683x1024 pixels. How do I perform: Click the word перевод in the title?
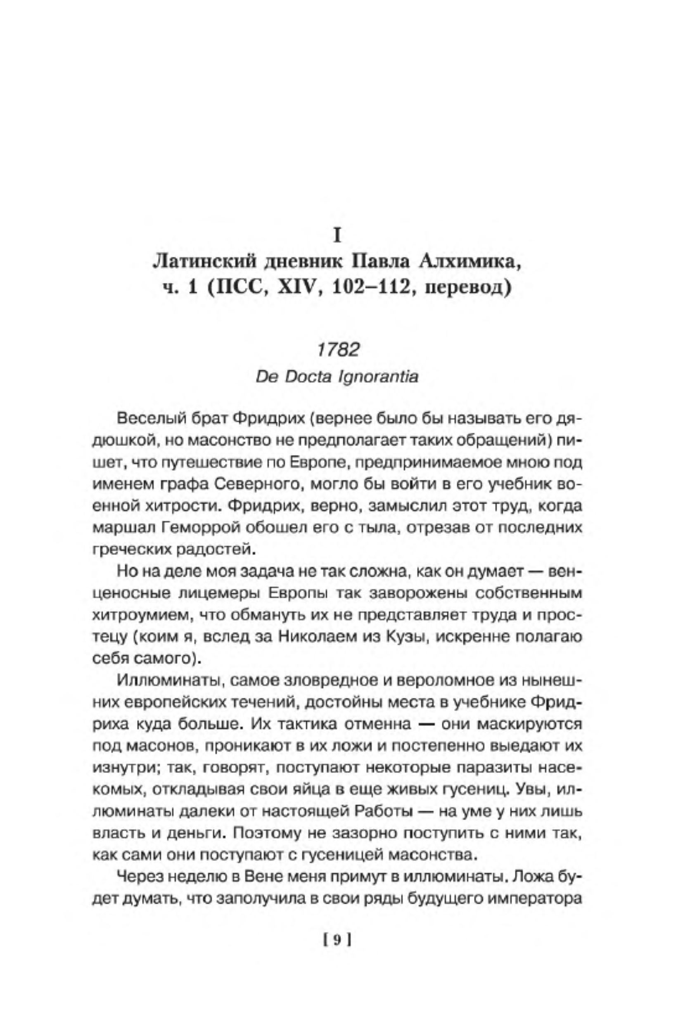[468, 288]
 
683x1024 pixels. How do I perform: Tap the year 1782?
[338, 349]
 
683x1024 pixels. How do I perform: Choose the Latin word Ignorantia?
[378, 377]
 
